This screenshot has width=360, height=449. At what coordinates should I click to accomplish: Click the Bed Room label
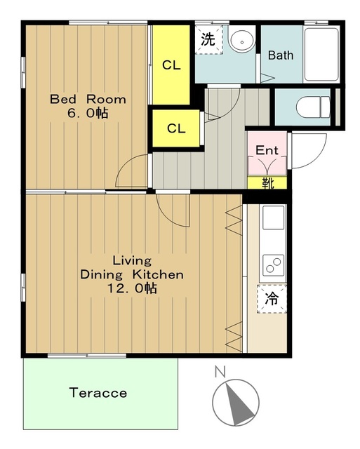tap(88, 99)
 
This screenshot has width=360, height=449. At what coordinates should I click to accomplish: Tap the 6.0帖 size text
tap(88, 113)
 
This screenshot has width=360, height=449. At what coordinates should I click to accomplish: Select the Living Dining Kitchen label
tap(132, 267)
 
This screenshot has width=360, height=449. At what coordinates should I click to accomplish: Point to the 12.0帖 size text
tap(132, 288)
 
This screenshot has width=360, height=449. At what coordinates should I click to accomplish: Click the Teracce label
tap(98, 393)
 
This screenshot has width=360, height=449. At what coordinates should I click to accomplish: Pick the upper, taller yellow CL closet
tap(171, 65)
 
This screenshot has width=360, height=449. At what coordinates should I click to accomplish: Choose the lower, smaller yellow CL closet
tap(176, 128)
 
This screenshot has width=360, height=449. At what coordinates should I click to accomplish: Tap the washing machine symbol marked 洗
tap(209, 39)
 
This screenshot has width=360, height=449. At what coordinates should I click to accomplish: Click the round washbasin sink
tap(241, 41)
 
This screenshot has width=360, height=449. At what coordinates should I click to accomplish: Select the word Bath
tap(281, 55)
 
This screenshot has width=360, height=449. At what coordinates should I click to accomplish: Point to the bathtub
tap(321, 55)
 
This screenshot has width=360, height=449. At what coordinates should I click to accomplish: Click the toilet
tap(313, 107)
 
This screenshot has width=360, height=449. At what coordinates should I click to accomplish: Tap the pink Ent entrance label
tap(267, 150)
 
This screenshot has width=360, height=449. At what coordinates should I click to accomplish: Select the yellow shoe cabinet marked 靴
tap(267, 182)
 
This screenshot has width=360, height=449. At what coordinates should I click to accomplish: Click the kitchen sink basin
tap(274, 217)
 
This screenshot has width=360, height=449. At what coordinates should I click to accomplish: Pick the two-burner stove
tap(274, 264)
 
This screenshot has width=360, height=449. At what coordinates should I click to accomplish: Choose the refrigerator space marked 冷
tap(272, 299)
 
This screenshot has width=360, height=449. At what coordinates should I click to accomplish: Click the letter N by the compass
tap(220, 371)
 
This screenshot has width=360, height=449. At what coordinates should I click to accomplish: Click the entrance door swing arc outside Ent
tap(315, 157)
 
